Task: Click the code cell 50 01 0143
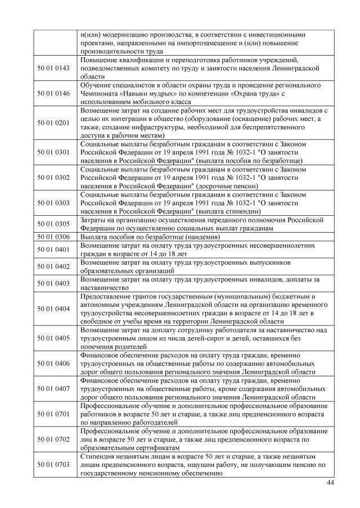[55, 68]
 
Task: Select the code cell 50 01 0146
[55, 93]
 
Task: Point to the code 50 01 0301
[55, 152]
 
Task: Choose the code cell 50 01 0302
[55, 178]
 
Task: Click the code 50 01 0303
[55, 203]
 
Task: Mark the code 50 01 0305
[55, 224]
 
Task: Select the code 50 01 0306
[55, 237]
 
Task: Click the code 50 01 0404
[55, 309]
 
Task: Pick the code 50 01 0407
[55, 388]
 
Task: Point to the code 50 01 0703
[55, 465]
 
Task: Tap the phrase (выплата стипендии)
[232, 211]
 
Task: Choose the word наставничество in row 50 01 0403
[107, 287]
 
